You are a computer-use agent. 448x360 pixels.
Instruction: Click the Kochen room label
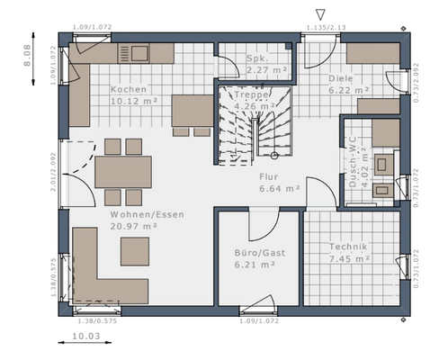(x=130, y=90)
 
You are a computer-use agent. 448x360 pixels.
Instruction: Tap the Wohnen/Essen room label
(x=134, y=216)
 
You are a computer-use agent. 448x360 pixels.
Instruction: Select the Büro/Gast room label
(x=259, y=254)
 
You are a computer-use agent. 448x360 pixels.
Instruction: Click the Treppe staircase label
(x=254, y=94)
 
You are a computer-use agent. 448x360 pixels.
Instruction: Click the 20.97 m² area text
(x=134, y=228)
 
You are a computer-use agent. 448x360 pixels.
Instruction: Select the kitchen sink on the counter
(x=139, y=53)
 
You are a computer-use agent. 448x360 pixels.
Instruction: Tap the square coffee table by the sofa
(x=135, y=250)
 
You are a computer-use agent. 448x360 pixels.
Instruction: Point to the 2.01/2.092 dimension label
(x=53, y=171)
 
